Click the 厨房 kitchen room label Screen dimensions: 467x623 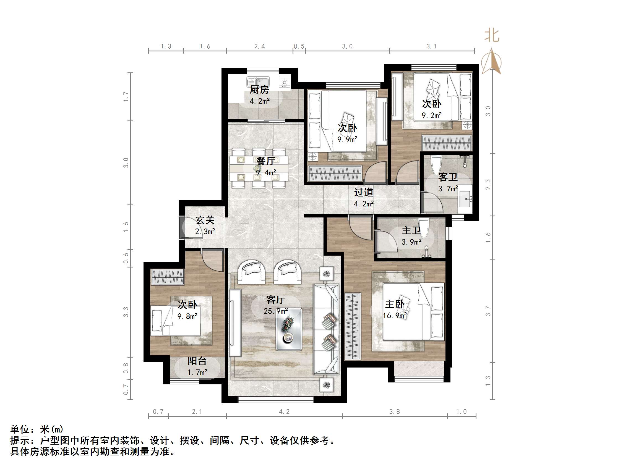click(259, 90)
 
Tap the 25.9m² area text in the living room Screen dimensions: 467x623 click(276, 311)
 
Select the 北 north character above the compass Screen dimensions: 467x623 click(492, 36)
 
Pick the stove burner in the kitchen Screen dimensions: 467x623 click(284, 82)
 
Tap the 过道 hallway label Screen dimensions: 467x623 click(364, 193)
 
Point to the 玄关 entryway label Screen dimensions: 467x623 click(205, 220)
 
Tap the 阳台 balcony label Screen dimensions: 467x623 click(197, 361)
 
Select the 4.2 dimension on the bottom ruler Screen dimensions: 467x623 click(284, 412)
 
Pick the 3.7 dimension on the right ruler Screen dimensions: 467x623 click(488, 311)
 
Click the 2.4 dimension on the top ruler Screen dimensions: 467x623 click(259, 46)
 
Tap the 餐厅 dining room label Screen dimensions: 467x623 click(265, 161)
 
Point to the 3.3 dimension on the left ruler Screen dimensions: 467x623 click(126, 312)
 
